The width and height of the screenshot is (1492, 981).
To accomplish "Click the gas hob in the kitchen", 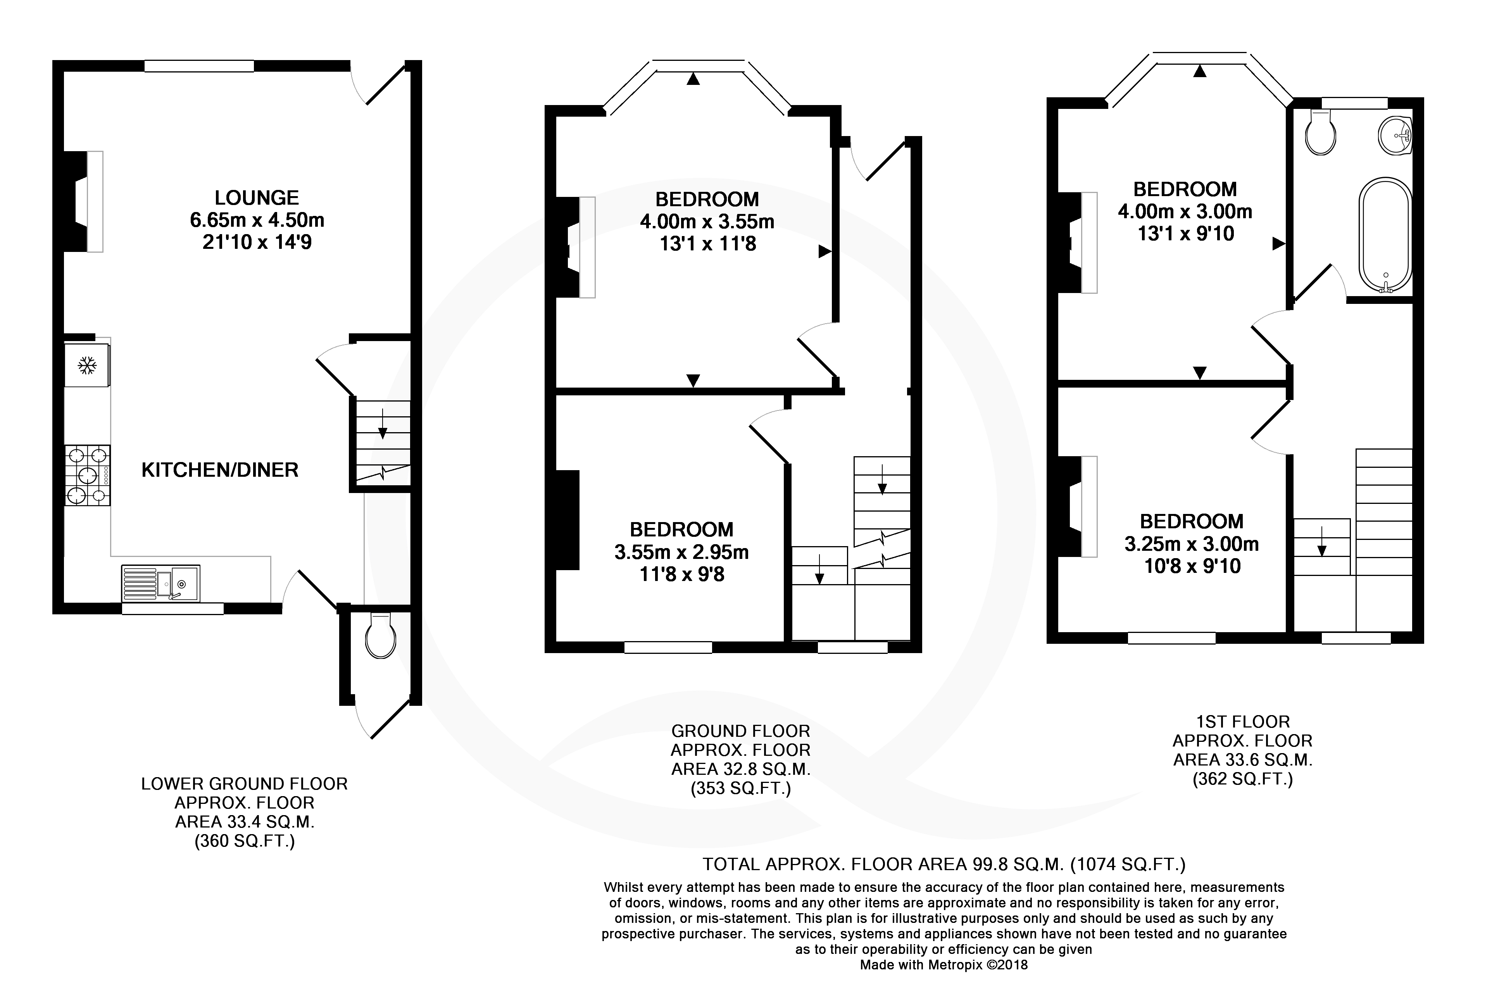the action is click(87, 475).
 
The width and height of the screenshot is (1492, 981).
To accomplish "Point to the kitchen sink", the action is click(160, 583).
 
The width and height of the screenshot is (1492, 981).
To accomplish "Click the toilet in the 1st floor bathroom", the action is click(1321, 132).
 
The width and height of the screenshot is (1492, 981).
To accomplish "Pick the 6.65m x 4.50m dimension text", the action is click(257, 220).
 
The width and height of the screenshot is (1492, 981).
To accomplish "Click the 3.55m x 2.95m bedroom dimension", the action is click(681, 552).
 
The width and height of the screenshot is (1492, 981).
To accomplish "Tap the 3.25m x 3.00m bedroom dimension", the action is click(1192, 544).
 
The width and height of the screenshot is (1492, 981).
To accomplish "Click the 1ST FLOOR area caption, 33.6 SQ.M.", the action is click(1242, 750).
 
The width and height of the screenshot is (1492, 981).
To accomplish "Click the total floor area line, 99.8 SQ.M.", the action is click(944, 864).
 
